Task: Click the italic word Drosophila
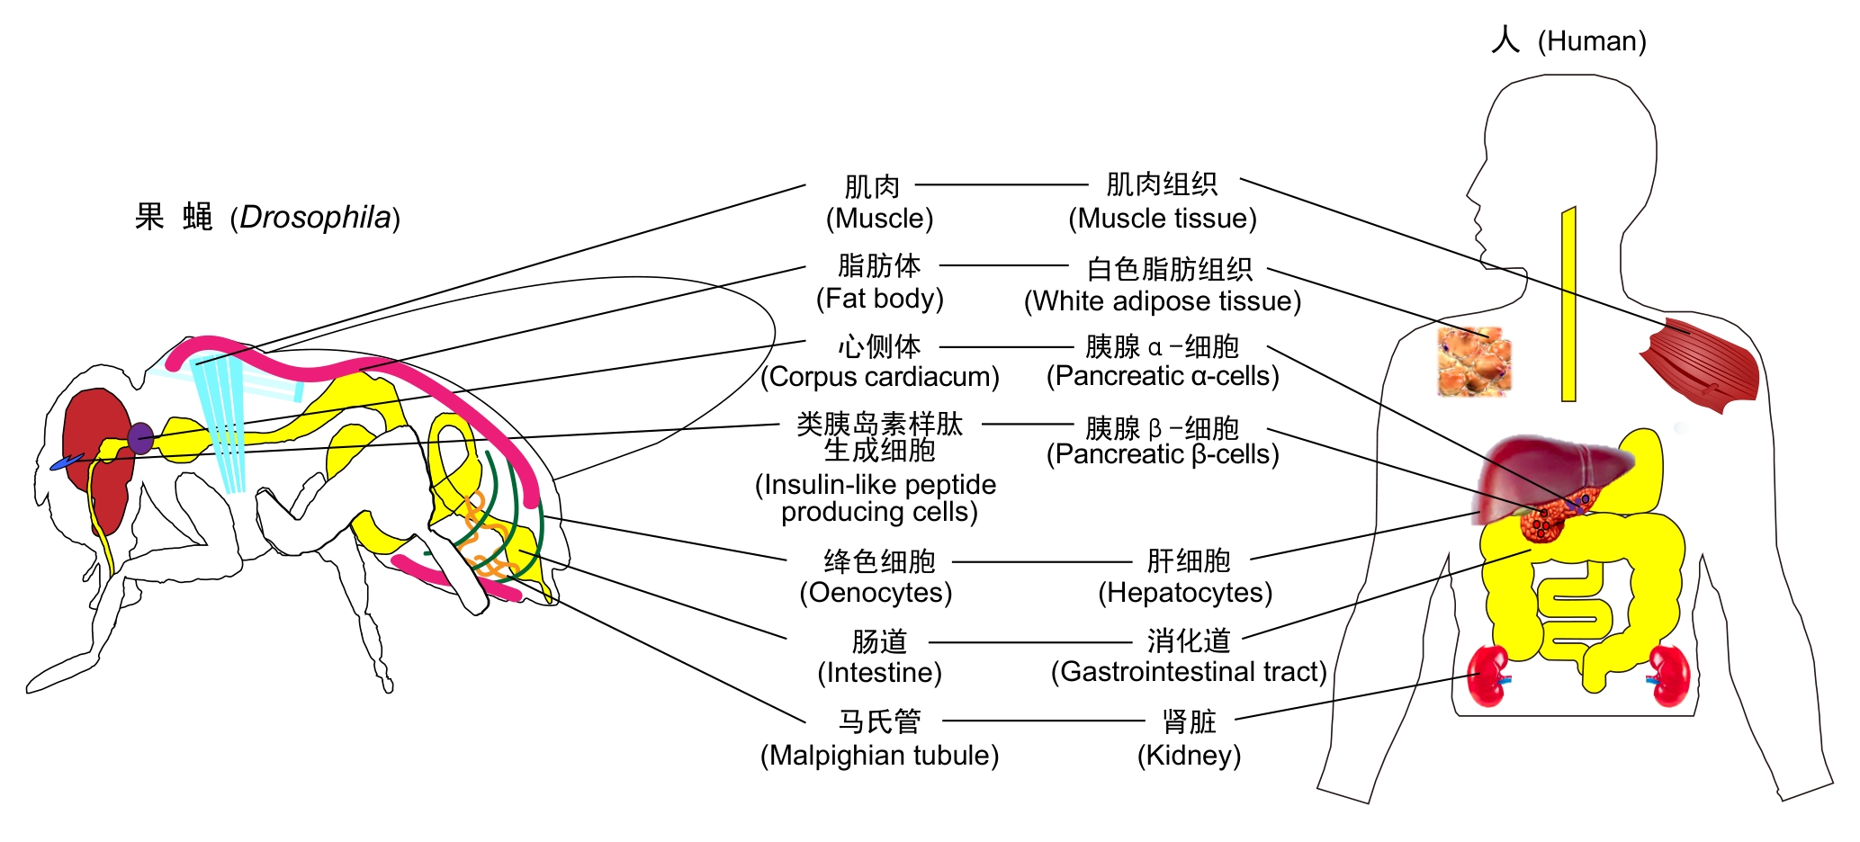pos(315,218)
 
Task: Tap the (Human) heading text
pos(1591,41)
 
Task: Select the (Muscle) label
pos(879,219)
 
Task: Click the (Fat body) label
pos(879,299)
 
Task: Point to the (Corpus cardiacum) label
pos(879,377)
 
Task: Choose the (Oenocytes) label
pos(876,593)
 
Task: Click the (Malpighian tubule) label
pos(879,756)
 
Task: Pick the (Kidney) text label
pos(1189,756)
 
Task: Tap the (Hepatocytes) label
pos(1185,593)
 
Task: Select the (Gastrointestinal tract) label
pos(1189,672)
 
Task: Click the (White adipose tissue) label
pos(1163,301)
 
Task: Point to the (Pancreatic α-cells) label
pos(1163,376)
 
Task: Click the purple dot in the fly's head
pos(140,438)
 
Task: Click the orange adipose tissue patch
pos(1474,362)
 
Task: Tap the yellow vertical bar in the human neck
pos(1568,306)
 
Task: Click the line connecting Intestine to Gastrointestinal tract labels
pos(1029,642)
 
